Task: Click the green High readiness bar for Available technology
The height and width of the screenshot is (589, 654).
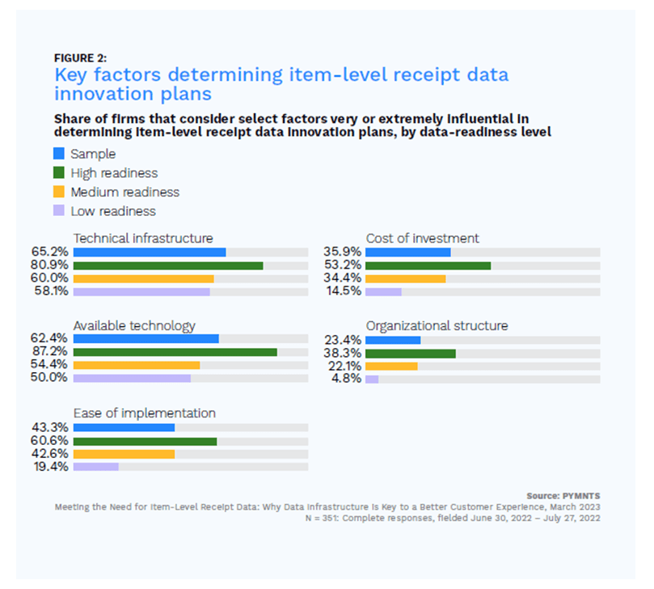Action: point(175,352)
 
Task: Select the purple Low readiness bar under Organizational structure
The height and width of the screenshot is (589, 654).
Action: point(372,379)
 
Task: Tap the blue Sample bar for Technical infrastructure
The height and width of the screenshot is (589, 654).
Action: point(150,252)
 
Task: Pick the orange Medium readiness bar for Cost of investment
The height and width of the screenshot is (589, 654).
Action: point(405,278)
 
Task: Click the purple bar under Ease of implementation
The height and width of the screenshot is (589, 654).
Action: point(96,467)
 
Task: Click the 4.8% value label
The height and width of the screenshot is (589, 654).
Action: point(348,379)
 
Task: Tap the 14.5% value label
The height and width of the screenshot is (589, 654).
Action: point(344,291)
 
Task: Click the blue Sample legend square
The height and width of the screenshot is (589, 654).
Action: point(58,154)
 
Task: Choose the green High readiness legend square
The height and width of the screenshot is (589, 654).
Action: point(58,173)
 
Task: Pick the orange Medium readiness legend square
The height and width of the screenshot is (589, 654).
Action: point(58,193)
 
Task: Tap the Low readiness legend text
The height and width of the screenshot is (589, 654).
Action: point(113,211)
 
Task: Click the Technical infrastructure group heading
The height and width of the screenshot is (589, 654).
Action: point(143,238)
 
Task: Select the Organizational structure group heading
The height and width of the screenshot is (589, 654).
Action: point(437,325)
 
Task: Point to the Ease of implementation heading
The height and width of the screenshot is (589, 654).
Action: point(145,413)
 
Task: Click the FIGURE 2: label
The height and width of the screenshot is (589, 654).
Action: point(80,58)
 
